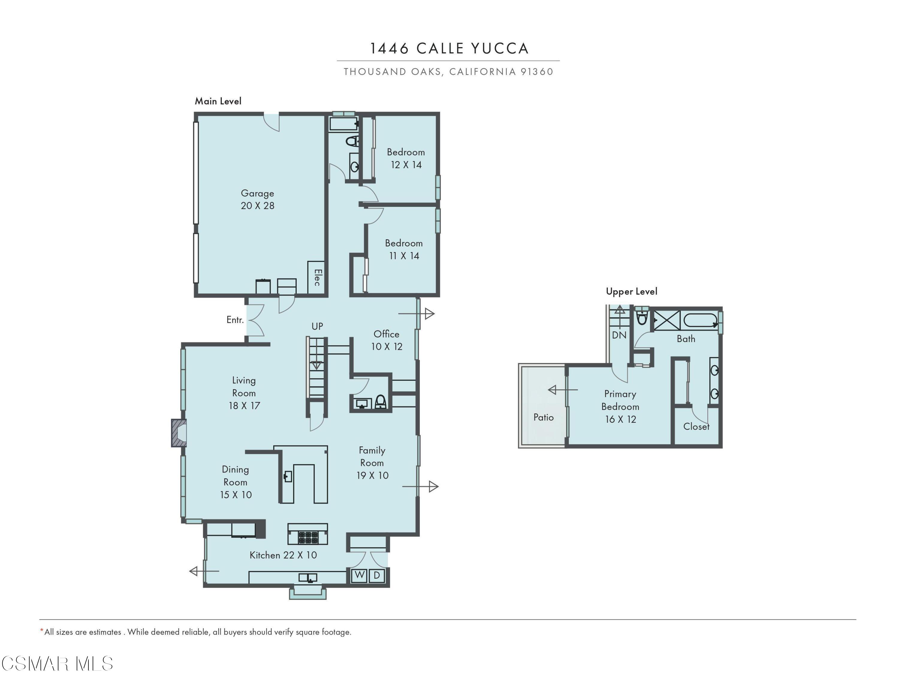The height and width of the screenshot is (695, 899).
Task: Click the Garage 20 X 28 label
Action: tap(257, 199)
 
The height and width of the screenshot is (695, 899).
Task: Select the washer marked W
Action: tap(359, 575)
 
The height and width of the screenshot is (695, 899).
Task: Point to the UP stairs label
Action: tap(317, 326)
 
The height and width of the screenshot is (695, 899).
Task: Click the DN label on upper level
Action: tap(619, 335)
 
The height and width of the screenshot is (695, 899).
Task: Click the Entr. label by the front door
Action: tap(235, 320)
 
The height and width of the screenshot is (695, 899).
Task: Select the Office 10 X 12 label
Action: tap(386, 340)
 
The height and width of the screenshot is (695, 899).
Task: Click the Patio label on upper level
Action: tap(543, 417)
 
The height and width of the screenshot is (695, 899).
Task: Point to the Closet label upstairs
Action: tap(696, 427)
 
